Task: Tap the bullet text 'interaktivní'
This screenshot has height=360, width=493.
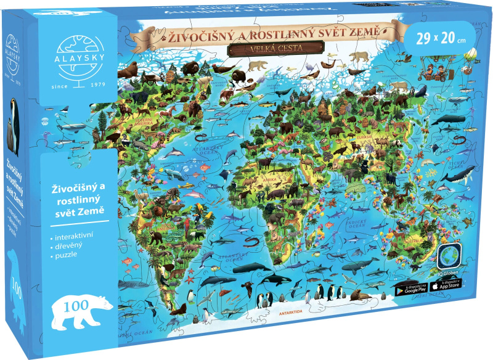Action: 73,237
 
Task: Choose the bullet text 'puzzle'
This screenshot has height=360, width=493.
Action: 65,257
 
